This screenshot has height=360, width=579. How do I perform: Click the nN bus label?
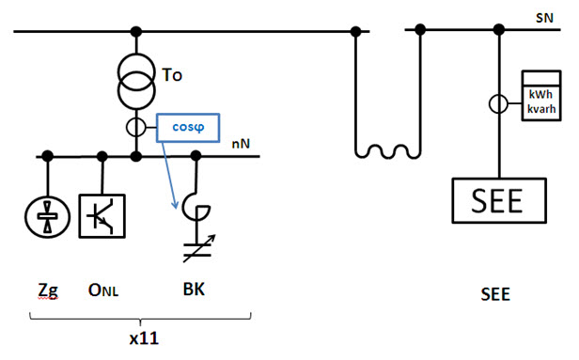click(x=240, y=144)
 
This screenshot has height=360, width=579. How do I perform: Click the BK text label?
click(x=193, y=290)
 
